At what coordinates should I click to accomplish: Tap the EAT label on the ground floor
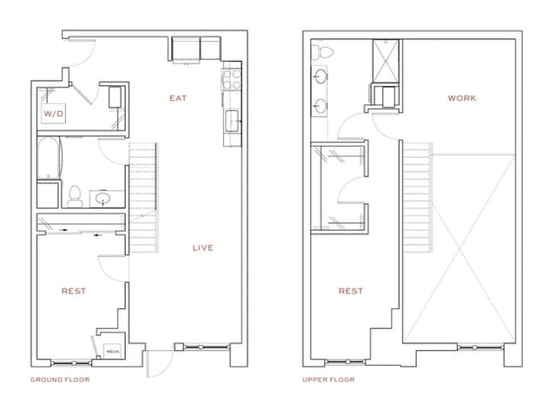coord(178,98)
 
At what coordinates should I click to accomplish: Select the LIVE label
coord(202,248)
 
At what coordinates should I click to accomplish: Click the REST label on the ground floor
coord(73,291)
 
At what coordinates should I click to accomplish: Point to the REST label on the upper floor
coord(350,291)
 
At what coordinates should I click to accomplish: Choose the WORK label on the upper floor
coord(461,98)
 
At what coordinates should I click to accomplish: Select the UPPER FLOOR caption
coord(328,380)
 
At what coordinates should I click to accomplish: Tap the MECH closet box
coord(112,351)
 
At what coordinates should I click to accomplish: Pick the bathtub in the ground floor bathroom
coord(50,160)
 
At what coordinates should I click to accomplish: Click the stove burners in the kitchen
coord(232,81)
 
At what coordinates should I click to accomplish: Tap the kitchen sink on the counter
coord(232,119)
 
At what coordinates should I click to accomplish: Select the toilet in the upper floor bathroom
coord(322,54)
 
